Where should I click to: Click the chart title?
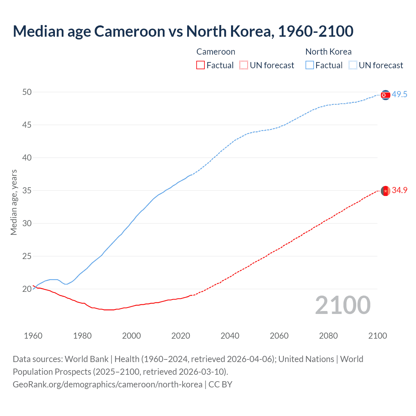[x=183, y=31]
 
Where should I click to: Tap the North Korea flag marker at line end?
[x=385, y=95]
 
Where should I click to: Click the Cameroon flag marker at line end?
[x=385, y=191]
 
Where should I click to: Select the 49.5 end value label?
[x=399, y=95]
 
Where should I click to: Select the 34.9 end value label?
[x=399, y=190]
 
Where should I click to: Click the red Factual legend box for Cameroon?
[x=201, y=65]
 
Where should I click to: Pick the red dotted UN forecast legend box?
[x=244, y=65]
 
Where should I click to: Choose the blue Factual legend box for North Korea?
[x=310, y=65]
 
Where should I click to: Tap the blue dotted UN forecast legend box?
[x=353, y=65]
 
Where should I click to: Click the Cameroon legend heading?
[x=216, y=52]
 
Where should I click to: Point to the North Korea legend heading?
[x=328, y=52]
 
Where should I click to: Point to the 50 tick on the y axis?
[x=27, y=92]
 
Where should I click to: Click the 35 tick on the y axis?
[x=27, y=190]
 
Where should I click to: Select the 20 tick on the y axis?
[x=27, y=289]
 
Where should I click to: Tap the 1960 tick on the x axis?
[x=33, y=336]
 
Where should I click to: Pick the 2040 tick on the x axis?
[x=230, y=336]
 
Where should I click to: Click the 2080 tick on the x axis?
[x=328, y=336]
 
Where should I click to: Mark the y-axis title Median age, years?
[x=14, y=202]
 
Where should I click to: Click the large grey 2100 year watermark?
[x=343, y=305]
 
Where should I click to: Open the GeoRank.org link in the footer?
[x=108, y=384]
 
